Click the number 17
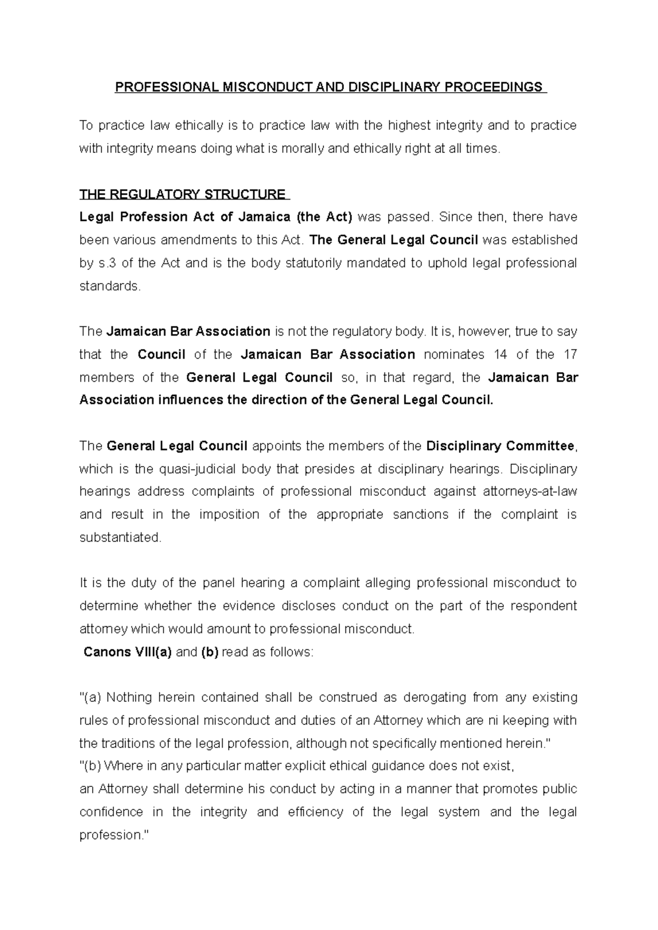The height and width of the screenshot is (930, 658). pos(570,355)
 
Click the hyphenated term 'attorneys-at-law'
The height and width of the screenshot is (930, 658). pos(530,492)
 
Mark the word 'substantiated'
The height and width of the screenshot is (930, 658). pos(120,538)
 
